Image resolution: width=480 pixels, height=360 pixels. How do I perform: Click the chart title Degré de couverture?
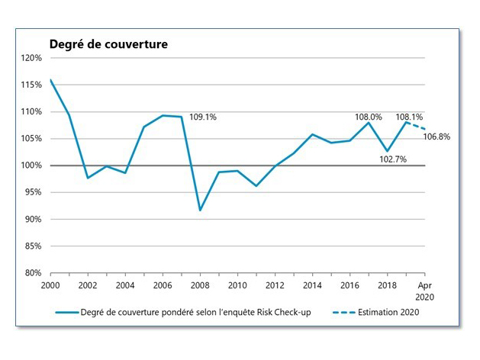108,44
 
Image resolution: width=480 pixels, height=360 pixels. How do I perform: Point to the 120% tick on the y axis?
31,58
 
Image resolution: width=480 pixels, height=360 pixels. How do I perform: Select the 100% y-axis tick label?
31,166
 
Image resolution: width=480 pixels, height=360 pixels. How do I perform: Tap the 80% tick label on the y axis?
34,272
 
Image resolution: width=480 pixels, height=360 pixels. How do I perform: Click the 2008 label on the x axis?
199,284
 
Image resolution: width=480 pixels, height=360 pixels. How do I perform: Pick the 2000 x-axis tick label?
50,284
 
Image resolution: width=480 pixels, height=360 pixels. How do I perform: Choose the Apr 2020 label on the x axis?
425,289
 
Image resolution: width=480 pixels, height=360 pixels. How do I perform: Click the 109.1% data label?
203,117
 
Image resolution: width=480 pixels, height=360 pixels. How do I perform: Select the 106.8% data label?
437,137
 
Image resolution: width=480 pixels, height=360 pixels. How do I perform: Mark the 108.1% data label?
409,117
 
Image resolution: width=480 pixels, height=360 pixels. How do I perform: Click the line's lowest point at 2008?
200,210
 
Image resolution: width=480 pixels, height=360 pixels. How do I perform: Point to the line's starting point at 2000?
50,79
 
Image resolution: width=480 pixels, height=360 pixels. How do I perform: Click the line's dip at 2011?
256,185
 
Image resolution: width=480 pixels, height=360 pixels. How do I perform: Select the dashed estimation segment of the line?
416,126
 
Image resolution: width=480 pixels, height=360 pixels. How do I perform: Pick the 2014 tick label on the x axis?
312,284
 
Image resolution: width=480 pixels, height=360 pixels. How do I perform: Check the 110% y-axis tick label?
31,111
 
